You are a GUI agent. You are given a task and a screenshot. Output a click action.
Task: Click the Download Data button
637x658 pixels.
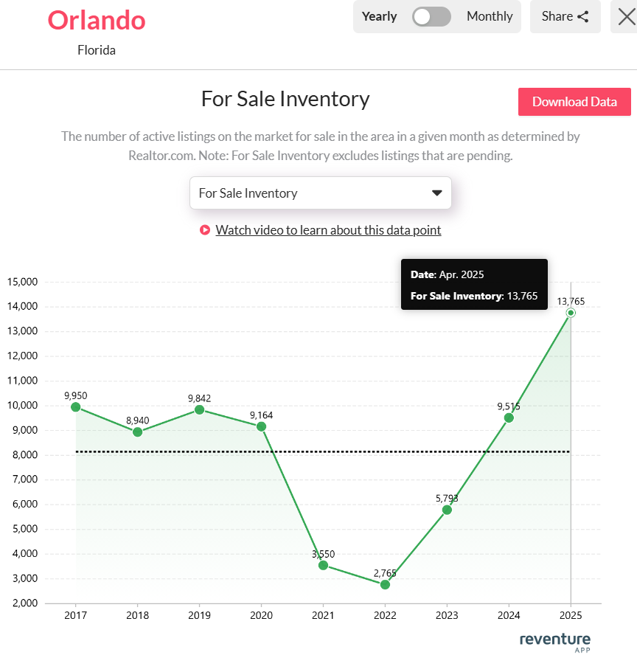pos(574,102)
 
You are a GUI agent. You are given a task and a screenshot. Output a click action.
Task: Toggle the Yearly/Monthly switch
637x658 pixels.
pos(431,16)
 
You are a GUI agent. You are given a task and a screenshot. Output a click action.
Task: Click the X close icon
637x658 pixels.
pos(626,16)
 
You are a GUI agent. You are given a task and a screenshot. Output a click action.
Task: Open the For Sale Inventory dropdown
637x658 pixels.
pos(320,193)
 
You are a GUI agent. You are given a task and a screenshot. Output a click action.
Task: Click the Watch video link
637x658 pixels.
pos(328,230)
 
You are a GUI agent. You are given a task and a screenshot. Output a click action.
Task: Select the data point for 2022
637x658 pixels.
pos(385,584)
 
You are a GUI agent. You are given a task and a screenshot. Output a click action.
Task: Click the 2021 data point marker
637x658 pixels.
pos(323,565)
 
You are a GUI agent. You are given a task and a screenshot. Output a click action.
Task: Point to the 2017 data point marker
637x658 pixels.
pos(75,407)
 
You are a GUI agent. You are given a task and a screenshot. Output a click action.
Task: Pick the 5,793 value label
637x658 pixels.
pos(447,498)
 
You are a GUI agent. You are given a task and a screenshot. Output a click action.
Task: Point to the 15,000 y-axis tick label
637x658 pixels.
pos(22,282)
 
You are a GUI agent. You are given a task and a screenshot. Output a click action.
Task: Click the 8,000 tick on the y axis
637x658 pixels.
pos(24,455)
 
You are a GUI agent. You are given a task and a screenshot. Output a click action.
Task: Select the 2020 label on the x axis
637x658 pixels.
pos(261,614)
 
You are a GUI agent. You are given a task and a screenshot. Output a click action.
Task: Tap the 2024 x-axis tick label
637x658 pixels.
pos(509,614)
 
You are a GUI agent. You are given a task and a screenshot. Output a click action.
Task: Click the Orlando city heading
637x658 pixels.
pos(97,20)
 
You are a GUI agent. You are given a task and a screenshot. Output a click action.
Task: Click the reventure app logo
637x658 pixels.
pos(554,640)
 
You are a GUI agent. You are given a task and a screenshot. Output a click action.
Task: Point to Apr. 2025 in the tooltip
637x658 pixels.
pos(462,274)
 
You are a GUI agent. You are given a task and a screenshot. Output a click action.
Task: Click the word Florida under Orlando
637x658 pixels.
pos(97,50)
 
